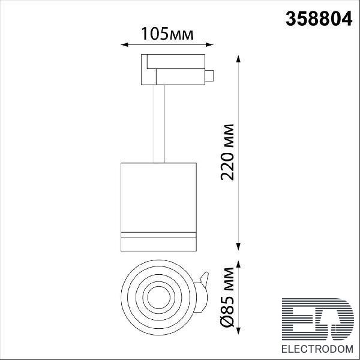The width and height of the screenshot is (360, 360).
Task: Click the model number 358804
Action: [319, 19]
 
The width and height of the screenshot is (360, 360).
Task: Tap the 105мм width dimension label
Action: [167, 34]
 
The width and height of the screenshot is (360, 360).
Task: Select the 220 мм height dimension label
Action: [227, 152]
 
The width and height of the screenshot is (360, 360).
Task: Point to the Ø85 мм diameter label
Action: [227, 298]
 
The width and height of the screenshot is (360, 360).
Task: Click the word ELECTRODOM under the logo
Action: [317, 349]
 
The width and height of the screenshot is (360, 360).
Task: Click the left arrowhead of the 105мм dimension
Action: [124, 44]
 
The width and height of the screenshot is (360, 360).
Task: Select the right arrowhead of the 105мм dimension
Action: [209, 44]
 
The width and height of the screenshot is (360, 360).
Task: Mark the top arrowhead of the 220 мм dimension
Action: [238, 59]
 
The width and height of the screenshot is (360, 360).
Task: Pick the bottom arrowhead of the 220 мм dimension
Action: [238, 247]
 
